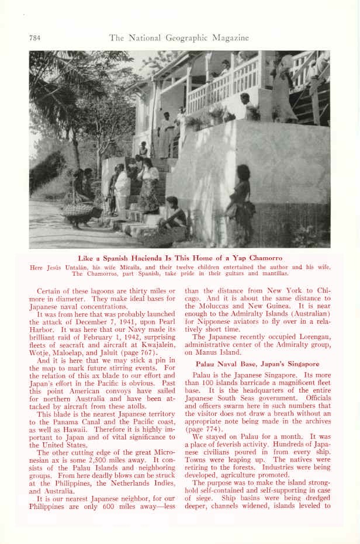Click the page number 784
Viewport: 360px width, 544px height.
pyautogui.click(x=34, y=38)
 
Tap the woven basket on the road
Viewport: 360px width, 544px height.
pyautogui.click(x=78, y=210)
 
